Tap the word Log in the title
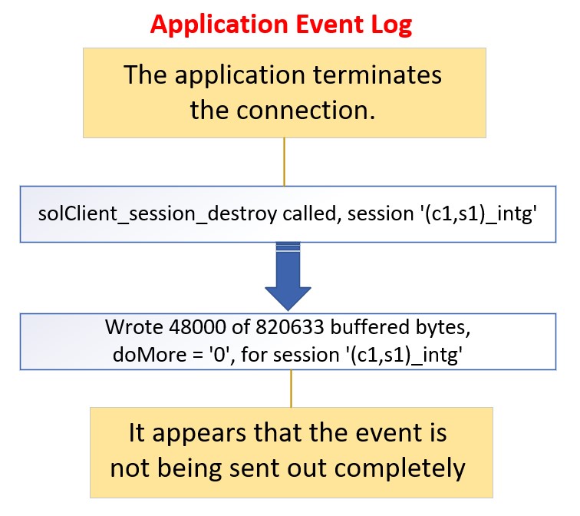(391, 24)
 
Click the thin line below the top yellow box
(285, 161)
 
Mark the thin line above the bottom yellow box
(290, 388)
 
